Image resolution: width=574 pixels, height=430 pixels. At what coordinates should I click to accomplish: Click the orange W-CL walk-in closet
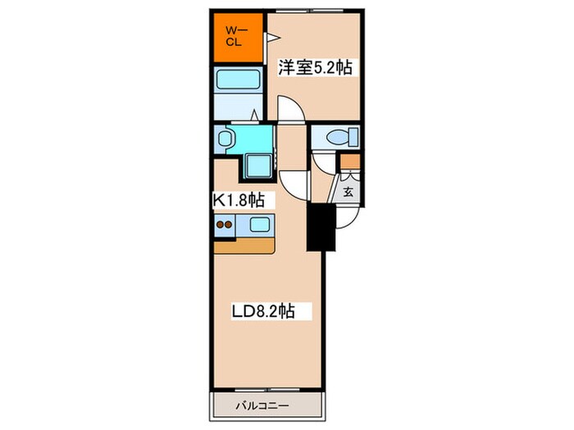pos(238,37)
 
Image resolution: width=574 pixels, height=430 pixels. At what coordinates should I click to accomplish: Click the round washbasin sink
pos(227,137)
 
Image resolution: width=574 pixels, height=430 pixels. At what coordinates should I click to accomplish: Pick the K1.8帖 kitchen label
pos(239,199)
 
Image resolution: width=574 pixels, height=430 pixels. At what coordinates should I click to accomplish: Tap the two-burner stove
pos(225,225)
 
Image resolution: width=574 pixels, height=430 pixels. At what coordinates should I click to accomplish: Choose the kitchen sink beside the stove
pos(259,225)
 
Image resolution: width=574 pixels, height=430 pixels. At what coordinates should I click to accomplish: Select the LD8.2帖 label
pos(262,311)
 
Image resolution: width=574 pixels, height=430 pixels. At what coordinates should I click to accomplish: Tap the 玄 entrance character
pos(348,193)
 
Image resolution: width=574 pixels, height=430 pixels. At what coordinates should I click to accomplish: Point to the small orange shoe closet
pos(350,161)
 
